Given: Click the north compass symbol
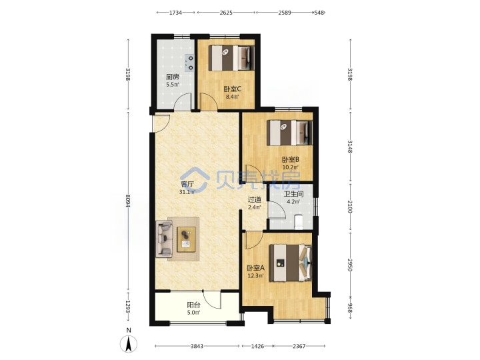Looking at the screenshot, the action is coord(129,343).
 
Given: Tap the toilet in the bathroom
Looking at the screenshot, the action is coord(299,222).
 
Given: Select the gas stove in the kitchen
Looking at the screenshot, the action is coord(189,63).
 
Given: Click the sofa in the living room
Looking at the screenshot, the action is coord(165,239).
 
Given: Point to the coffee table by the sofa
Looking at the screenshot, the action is coord(186,239).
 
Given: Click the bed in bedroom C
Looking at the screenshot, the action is coord(231,58).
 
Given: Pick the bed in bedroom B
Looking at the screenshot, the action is coord(289,133).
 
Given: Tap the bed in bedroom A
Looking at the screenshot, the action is coord(290,263).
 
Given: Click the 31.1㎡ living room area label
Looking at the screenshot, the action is coord(187,192).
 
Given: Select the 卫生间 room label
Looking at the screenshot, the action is coord(293,194).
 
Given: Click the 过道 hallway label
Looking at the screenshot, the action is coord(255,199).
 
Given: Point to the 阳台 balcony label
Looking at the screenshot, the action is coord(193,305).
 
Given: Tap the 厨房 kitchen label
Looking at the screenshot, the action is coord(173,77).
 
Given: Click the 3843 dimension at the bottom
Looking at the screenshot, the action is coord(197,346).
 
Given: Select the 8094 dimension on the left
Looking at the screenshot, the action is coord(128,201).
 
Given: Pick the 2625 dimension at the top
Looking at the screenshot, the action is coord(226,13).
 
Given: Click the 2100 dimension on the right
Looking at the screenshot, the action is coord(350,207).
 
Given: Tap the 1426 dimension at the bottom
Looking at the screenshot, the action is coord(257,346).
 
